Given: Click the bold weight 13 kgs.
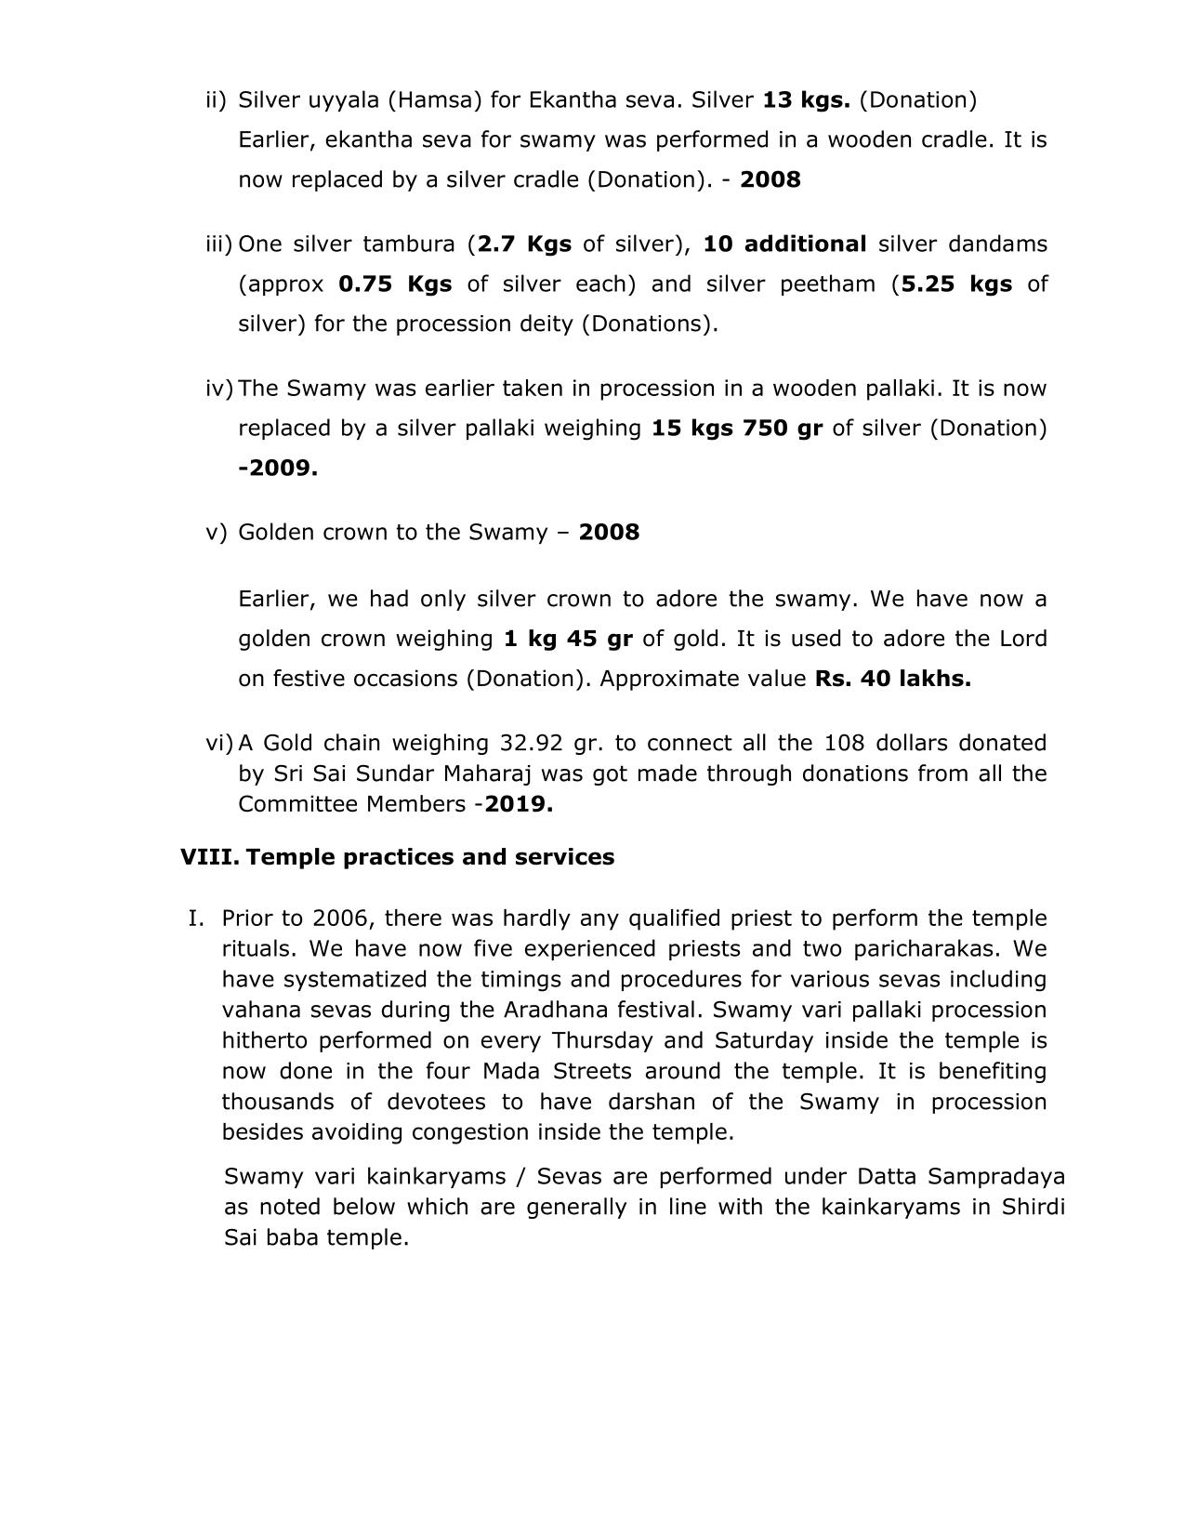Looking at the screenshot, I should [806, 99].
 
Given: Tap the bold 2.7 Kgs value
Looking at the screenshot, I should [524, 244].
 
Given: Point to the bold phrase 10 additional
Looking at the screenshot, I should [784, 244].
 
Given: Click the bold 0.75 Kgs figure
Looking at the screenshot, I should [395, 284].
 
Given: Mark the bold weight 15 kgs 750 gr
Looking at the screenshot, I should [737, 428].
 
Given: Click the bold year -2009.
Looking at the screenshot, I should [278, 468].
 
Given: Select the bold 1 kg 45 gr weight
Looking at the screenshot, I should [568, 639].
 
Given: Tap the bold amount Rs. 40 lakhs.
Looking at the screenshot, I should [892, 679].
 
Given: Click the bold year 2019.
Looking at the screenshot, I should [519, 804].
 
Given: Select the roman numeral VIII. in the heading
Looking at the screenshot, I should [209, 856].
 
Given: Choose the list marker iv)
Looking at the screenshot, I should [218, 388].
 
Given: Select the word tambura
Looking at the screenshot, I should [409, 244].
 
